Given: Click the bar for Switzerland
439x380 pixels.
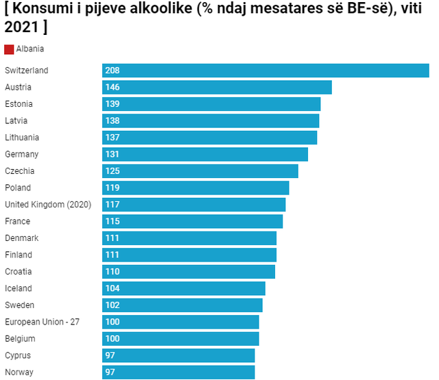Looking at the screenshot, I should pyautogui.click(x=265, y=71).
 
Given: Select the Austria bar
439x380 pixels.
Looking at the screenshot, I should pyautogui.click(x=217, y=88).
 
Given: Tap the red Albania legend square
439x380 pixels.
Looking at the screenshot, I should pyautogui.click(x=9, y=49).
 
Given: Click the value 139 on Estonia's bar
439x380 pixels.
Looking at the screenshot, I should pyautogui.click(x=112, y=104).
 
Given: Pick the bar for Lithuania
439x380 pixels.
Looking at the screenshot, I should pyautogui.click(x=209, y=138).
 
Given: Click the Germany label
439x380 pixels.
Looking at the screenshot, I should pyautogui.click(x=21, y=154).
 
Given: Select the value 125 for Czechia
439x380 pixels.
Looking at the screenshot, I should pyautogui.click(x=112, y=171).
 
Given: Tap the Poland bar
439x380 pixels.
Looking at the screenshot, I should pyautogui.click(x=195, y=188).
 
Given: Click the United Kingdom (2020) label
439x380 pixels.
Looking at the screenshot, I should pyautogui.click(x=43, y=204).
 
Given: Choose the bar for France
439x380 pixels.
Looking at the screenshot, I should pyautogui.click(x=192, y=221).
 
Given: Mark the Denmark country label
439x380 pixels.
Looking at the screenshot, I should pyautogui.click(x=21, y=238).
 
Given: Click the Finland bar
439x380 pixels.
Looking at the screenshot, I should pyautogui.click(x=189, y=255).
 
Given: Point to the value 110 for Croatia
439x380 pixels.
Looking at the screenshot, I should pyautogui.click(x=112, y=272).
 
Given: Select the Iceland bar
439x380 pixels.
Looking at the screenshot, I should pyautogui.click(x=184, y=288).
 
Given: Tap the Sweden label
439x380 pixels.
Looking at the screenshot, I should pyautogui.click(x=19, y=305).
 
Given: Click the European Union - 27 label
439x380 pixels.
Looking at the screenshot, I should pyautogui.click(x=42, y=322).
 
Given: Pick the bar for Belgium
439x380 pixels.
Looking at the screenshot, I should pyautogui.click(x=180, y=339).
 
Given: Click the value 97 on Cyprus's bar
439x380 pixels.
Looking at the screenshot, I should pyautogui.click(x=110, y=355).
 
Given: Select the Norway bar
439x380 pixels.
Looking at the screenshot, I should pyautogui.click(x=178, y=372).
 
